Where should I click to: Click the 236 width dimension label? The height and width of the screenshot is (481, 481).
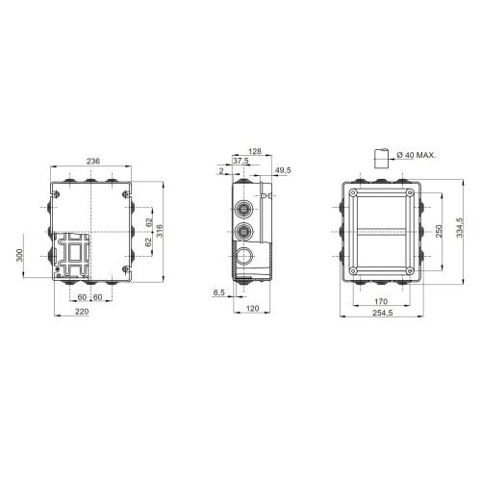click(93, 161)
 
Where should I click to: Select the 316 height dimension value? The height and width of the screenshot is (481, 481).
click(160, 231)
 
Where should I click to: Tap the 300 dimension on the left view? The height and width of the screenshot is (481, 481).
click(20, 255)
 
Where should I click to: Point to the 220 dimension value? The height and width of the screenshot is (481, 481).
click(82, 312)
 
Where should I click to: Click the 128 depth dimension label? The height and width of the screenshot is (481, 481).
click(255, 151)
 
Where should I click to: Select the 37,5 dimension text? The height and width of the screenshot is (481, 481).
click(240, 161)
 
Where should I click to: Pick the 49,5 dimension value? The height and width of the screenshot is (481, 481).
click(283, 170)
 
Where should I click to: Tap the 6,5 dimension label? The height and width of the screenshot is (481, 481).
click(218, 292)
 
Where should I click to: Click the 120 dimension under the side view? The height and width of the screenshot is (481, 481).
click(252, 309)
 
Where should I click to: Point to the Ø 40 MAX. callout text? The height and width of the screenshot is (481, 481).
click(417, 155)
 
